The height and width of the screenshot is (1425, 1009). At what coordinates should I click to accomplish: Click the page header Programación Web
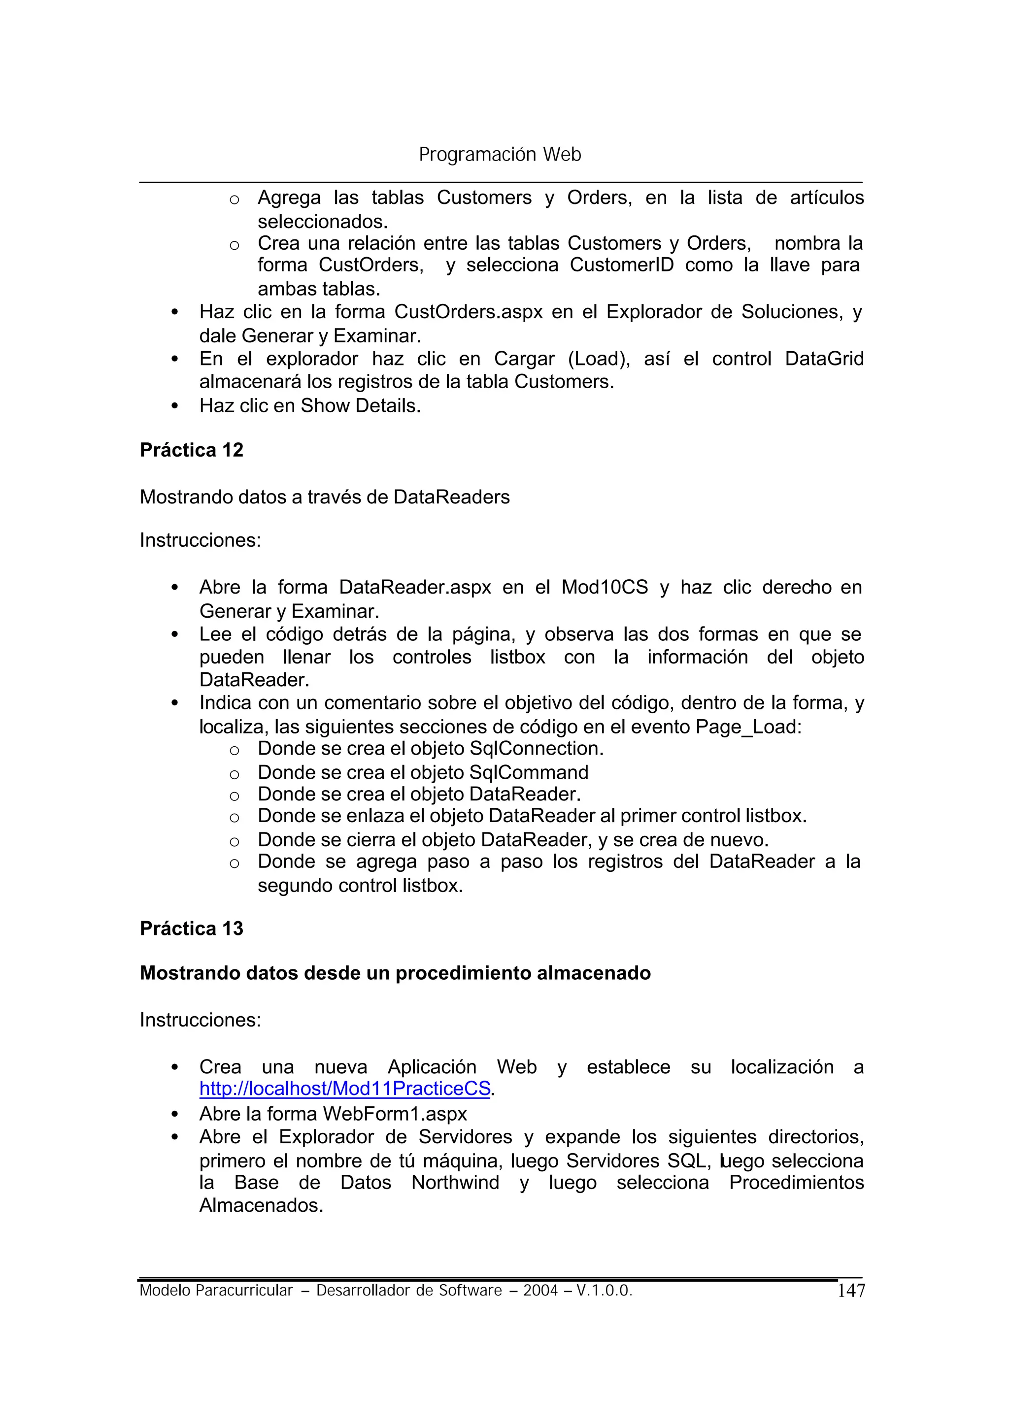[x=500, y=154]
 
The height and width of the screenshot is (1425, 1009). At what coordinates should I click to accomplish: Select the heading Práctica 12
[x=191, y=450]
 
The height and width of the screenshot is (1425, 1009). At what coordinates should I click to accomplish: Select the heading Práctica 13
[x=191, y=928]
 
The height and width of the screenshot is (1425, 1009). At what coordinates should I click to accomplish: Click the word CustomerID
[x=621, y=265]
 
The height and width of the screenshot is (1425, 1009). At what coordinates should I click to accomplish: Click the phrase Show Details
[x=360, y=406]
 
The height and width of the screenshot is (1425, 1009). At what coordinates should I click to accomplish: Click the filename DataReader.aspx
[x=415, y=587]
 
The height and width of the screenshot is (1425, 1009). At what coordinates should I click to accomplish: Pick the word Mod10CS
[x=605, y=587]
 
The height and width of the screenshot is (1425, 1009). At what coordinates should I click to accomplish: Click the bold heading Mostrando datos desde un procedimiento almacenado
[x=395, y=973]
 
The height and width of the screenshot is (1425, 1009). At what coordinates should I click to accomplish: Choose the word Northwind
[x=455, y=1182]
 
